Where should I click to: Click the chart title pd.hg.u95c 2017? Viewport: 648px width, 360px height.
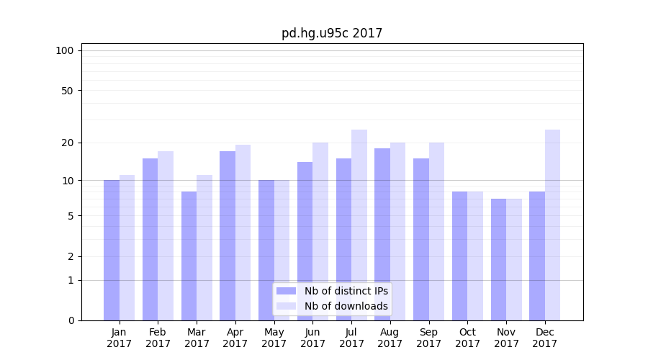coord(332,33)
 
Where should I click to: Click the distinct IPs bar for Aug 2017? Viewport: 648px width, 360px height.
coord(382,234)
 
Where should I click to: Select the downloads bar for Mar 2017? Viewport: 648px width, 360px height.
coord(204,248)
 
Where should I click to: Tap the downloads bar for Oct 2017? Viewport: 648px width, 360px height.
coord(475,256)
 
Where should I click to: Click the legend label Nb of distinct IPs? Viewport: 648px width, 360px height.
coord(346,291)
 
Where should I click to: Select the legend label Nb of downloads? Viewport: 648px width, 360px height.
coord(346,306)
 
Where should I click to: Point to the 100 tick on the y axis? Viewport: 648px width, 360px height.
coord(65,50)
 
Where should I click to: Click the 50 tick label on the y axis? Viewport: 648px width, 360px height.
coord(67,91)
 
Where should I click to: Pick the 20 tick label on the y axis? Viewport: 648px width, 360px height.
coord(67,143)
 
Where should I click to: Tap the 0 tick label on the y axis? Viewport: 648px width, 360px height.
coord(71,320)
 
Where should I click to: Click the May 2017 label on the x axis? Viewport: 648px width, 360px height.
coord(274,338)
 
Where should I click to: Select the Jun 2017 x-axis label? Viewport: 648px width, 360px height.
coord(312,338)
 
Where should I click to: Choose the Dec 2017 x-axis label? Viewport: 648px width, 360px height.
coord(545,338)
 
